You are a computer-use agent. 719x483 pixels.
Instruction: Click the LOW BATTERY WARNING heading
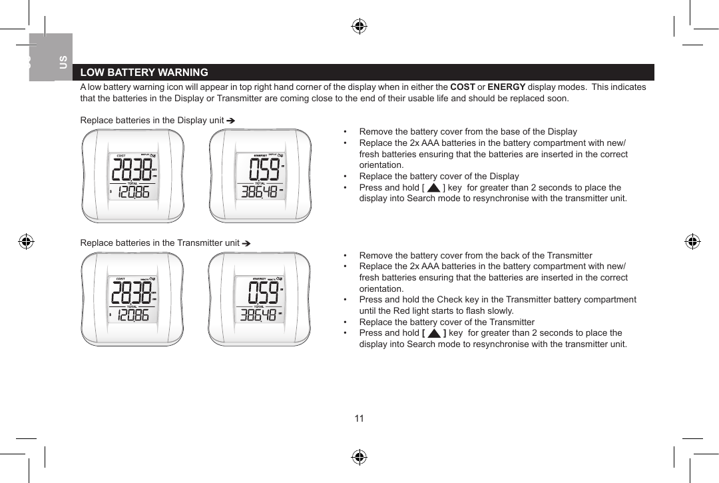click(144, 73)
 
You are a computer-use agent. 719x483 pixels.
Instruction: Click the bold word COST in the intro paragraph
click(463, 87)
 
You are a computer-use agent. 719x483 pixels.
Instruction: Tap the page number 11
click(359, 418)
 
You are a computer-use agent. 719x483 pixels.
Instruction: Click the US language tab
click(63, 63)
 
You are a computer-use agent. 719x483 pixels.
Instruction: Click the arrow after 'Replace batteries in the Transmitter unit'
click(245, 243)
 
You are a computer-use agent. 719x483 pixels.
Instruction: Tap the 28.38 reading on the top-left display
click(131, 171)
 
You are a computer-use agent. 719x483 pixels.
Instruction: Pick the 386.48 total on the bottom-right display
click(258, 314)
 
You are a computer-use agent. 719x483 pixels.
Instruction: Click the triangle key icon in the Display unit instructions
click(433, 189)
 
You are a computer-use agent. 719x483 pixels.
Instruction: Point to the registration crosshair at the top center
click(359, 27)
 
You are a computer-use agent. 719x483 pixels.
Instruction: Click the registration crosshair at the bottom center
click(359, 457)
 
